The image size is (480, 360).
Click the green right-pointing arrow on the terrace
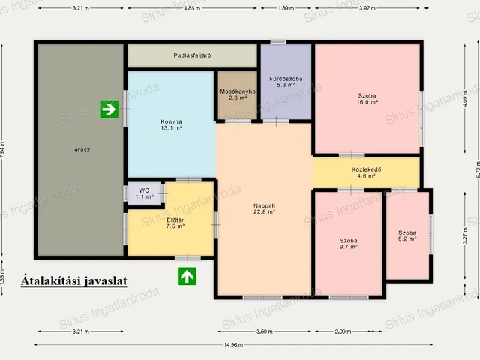[x=109, y=109]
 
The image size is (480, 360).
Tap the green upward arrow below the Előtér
[x=187, y=276]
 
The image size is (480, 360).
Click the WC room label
[x=144, y=193]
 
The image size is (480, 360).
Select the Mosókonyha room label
[x=238, y=94]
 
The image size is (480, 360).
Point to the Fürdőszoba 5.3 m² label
[x=286, y=82]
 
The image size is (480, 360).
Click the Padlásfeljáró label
[x=192, y=55]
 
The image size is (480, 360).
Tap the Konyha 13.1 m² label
[x=172, y=125]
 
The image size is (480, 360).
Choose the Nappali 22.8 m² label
[x=265, y=208]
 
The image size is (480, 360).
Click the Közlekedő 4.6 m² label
[x=367, y=172]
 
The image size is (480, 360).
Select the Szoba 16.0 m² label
[x=367, y=98]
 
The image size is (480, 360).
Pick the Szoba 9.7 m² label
[x=349, y=244]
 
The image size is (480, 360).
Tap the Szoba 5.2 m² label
[x=407, y=235]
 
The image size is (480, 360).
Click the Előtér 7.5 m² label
[x=175, y=223]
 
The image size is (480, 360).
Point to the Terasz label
[x=80, y=150]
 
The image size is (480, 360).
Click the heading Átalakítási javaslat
[x=74, y=281]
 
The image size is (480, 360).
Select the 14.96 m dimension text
[x=233, y=345]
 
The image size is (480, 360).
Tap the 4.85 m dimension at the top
[x=192, y=8]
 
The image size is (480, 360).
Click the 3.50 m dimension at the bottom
[x=265, y=331]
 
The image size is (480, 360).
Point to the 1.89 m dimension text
[x=286, y=8]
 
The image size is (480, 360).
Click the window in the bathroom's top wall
[x=278, y=42]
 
